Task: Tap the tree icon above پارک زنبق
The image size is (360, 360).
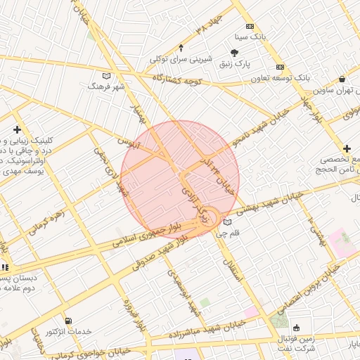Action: pyautogui.click(x=235, y=52)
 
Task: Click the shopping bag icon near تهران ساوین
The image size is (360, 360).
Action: pyautogui.click(x=342, y=79)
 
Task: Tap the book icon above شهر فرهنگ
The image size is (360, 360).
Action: pyautogui.click(x=106, y=75)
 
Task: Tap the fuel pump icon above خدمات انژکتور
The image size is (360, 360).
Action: pyautogui.click(x=67, y=321)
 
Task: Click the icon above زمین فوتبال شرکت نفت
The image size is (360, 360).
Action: pyautogui.click(x=296, y=328)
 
